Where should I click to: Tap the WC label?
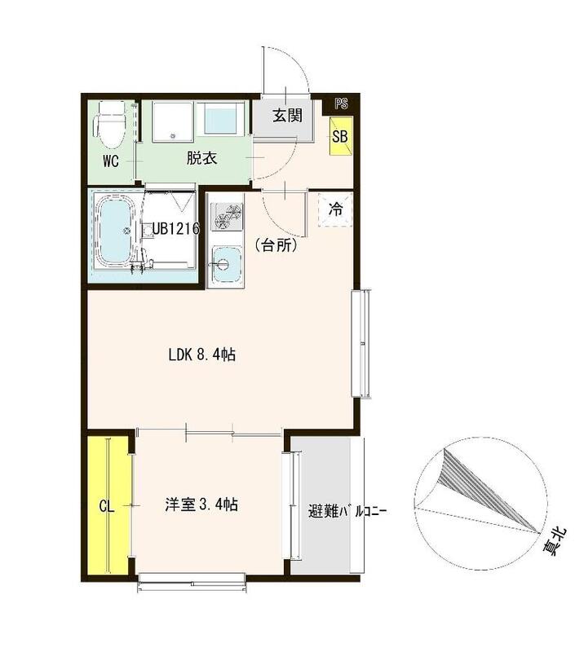click(111, 161)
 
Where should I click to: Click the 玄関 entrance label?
click(286, 116)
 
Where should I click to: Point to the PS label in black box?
click(341, 104)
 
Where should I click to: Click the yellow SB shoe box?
click(340, 136)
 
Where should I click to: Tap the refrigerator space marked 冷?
click(335, 209)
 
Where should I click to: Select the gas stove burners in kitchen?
click(226, 217)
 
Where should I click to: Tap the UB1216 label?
click(176, 230)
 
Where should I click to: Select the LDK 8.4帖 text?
click(202, 355)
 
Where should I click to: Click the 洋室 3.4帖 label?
click(201, 505)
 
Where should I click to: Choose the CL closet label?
click(106, 506)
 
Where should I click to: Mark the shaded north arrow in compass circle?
click(481, 485)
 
